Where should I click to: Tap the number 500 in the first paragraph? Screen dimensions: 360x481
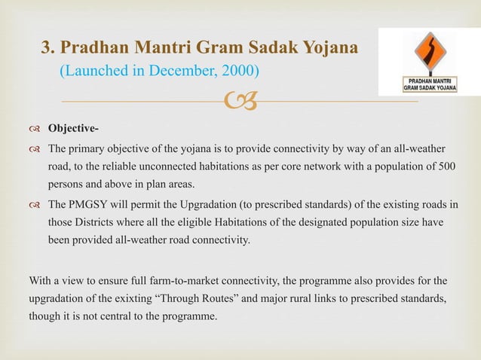coord(445,166)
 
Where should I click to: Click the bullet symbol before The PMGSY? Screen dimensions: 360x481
coord(35,204)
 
